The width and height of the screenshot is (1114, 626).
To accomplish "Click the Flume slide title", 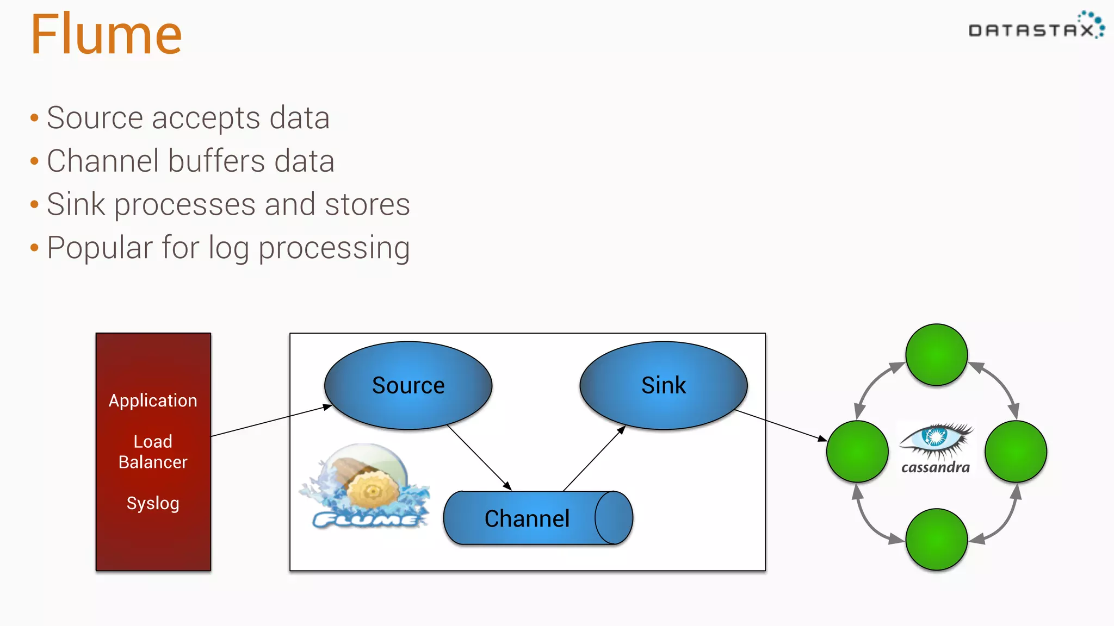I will [106, 35].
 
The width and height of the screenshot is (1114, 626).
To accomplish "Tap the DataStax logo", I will [1036, 27].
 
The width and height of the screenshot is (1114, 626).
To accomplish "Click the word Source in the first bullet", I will [95, 118].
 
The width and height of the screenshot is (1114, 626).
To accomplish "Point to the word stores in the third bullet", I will [367, 205].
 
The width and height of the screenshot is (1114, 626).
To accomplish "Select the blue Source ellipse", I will [408, 385].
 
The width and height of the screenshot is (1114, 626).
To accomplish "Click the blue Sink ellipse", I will [663, 385].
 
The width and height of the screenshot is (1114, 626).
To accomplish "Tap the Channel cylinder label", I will [527, 518].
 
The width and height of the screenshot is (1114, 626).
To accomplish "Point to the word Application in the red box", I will [153, 400].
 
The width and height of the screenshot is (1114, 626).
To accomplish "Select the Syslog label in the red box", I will [153, 503].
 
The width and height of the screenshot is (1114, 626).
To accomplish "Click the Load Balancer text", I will [153, 452].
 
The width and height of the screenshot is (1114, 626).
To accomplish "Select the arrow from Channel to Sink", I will [594, 459].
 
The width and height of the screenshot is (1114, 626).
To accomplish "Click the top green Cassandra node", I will [936, 355].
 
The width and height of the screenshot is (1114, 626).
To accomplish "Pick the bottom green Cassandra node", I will [936, 539].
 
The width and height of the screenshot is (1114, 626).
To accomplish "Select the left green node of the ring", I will [857, 451].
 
